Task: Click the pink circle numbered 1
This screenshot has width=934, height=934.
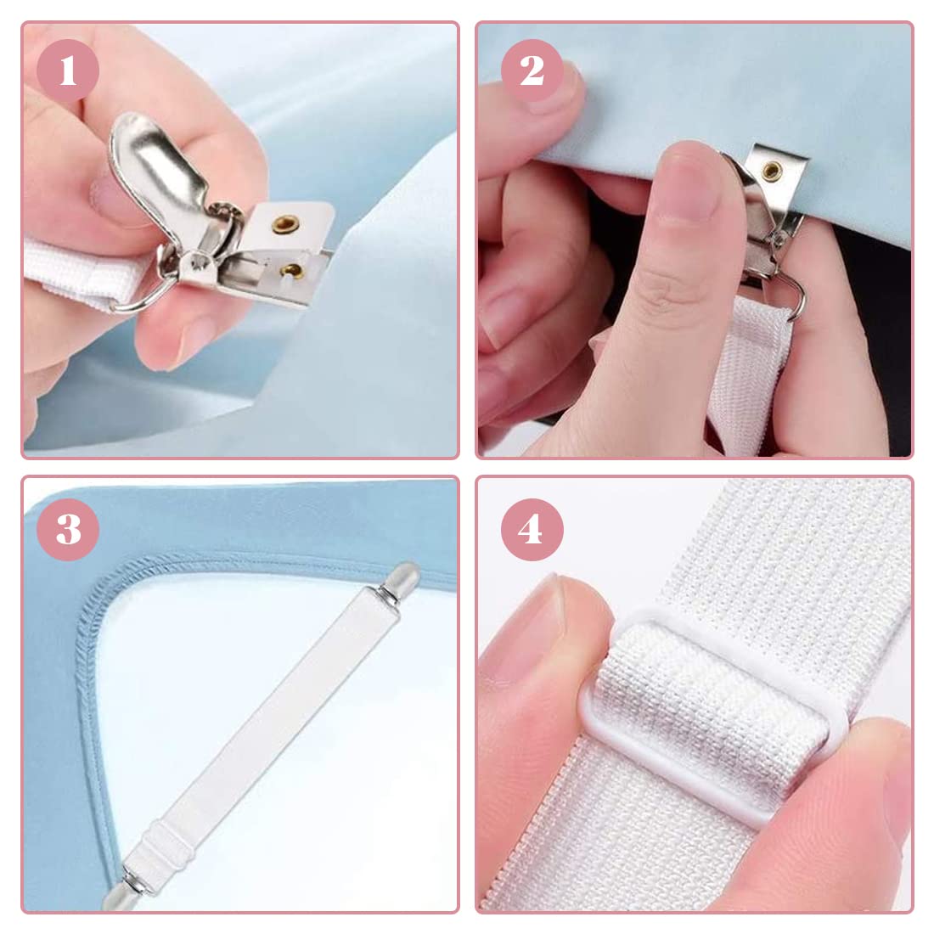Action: pyautogui.click(x=68, y=71)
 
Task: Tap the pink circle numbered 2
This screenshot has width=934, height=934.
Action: pyautogui.click(x=532, y=71)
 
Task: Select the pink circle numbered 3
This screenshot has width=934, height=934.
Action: pyautogui.click(x=68, y=530)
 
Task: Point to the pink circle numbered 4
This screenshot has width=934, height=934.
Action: pyautogui.click(x=532, y=530)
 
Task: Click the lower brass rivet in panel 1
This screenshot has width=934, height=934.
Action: pyautogui.click(x=293, y=270)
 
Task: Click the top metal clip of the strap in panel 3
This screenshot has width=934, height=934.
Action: pyautogui.click(x=398, y=581)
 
